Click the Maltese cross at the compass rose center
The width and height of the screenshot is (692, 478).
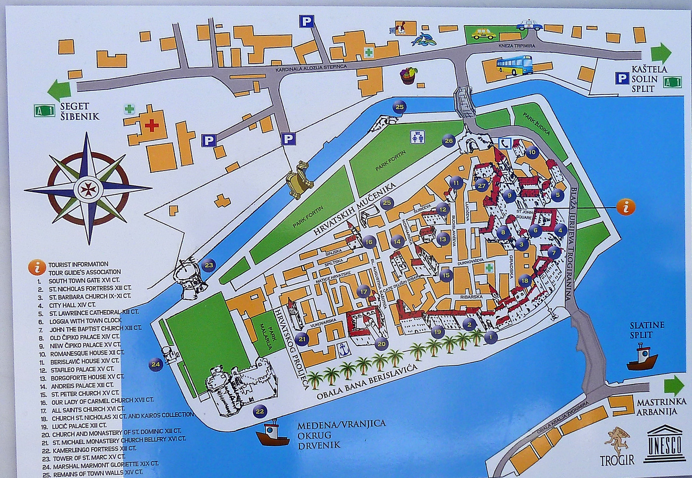(88, 189)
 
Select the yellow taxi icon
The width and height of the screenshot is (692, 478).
(482, 34)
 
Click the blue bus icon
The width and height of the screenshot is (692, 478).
(515, 65)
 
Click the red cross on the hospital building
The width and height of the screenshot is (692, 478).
(152, 125)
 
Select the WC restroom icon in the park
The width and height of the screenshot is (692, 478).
(417, 137)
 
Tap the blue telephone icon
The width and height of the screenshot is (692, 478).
(505, 143)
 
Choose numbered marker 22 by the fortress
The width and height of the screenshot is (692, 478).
(259, 411)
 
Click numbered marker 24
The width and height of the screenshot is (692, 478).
(156, 365)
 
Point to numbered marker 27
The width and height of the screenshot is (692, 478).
(482, 186)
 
